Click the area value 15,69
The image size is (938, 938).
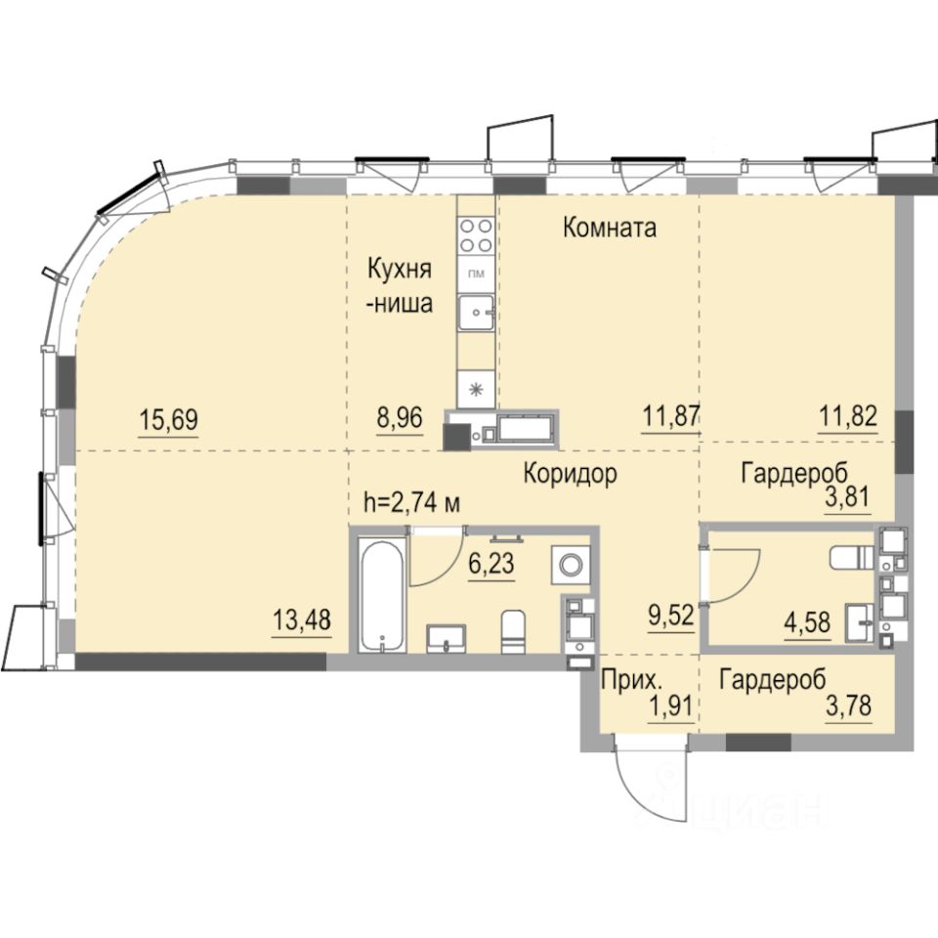[x=168, y=419]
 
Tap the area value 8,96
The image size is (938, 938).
[x=400, y=417]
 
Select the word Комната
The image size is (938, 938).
[x=610, y=228]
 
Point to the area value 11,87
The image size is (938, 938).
[x=670, y=416]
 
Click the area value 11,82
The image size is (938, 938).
[x=848, y=416]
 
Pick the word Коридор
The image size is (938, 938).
[x=570, y=475]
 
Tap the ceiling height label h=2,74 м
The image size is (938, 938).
[x=412, y=503]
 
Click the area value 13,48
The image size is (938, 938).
[x=302, y=619]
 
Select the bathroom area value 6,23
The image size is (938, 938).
[x=491, y=564]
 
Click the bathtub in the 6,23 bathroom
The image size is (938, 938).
[x=383, y=595]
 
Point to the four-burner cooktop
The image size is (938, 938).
[x=476, y=235]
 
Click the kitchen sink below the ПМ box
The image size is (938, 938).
[x=476, y=313]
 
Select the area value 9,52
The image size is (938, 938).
[x=671, y=615]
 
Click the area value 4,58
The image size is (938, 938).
[x=808, y=622]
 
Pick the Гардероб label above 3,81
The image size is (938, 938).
[x=794, y=474]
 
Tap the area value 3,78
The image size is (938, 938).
[x=848, y=705]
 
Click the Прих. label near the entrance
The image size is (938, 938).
[x=632, y=680]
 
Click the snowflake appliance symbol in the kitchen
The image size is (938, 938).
[x=476, y=390]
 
